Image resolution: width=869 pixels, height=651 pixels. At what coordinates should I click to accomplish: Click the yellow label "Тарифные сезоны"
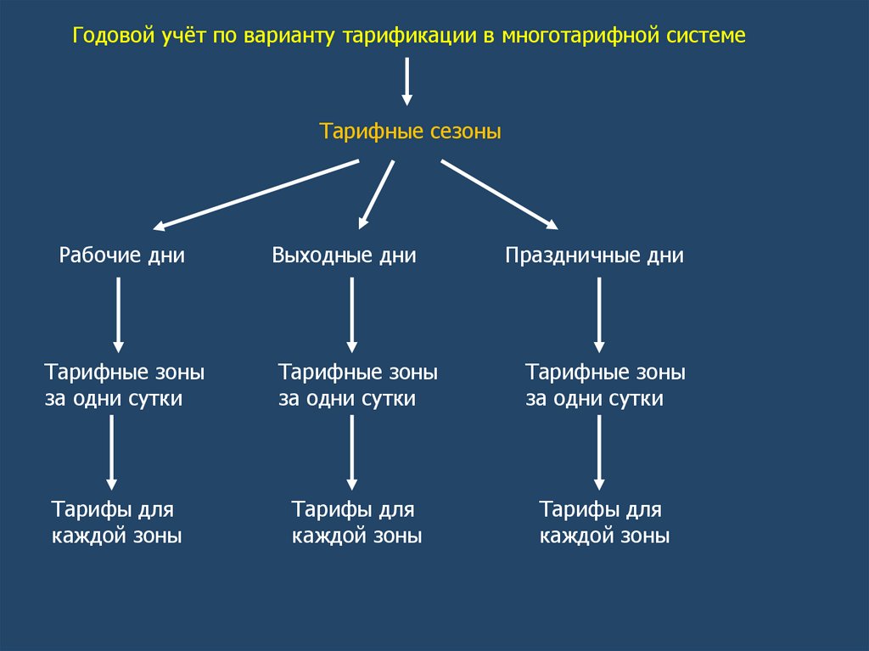[410, 132]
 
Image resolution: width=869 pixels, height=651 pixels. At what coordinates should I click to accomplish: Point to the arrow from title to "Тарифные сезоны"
[406, 81]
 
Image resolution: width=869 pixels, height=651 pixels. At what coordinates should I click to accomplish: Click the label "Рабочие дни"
[121, 255]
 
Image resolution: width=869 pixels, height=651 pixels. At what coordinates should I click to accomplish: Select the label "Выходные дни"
[344, 255]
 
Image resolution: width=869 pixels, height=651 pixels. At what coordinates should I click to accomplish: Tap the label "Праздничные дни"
[594, 255]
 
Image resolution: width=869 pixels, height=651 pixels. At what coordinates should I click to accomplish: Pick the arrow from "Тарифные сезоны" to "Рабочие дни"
[256, 194]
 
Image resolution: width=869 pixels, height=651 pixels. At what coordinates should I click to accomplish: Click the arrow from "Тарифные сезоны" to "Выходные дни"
[377, 194]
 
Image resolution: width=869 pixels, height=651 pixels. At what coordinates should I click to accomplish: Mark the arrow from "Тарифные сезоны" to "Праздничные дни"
[499, 194]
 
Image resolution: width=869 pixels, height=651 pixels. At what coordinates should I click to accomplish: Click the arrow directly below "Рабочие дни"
[118, 315]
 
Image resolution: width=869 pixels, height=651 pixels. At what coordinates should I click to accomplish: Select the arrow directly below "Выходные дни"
[351, 315]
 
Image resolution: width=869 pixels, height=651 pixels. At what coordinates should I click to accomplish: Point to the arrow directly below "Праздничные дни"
[599, 315]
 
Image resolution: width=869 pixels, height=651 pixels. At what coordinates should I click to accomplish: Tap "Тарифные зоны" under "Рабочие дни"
[125, 373]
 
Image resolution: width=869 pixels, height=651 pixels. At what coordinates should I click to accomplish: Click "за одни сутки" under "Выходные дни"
[347, 398]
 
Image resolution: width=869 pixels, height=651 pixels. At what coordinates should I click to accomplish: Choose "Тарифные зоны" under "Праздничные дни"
[605, 373]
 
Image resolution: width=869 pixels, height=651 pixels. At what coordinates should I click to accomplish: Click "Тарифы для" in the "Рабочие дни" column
[112, 510]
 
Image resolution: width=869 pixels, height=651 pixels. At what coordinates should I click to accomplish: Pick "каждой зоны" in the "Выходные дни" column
[356, 536]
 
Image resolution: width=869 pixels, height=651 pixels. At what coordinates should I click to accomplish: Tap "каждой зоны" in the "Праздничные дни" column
[604, 536]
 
